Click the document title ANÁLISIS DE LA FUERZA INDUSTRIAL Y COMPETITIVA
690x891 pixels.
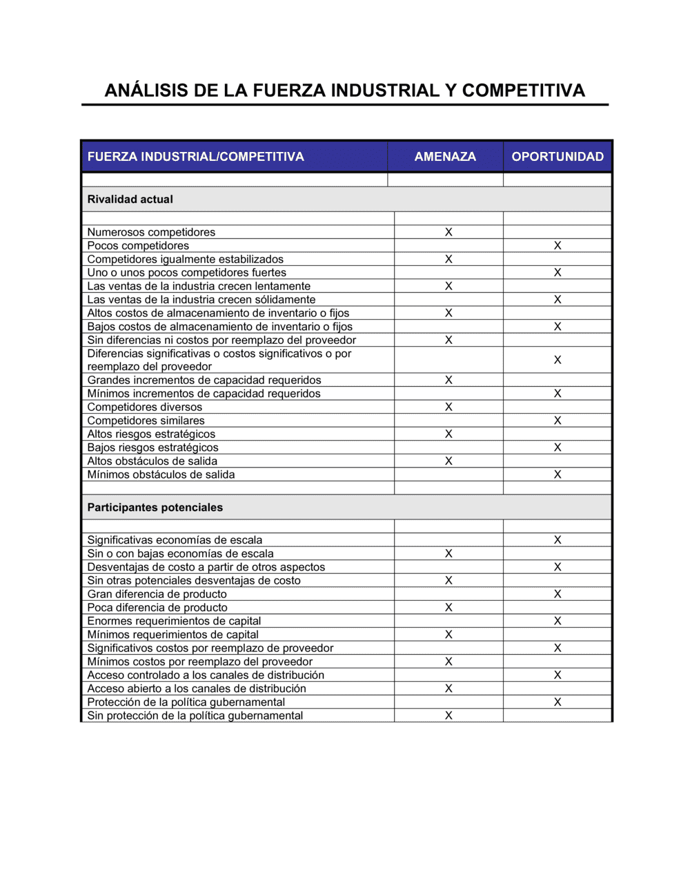(x=344, y=90)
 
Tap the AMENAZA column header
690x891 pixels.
(x=445, y=157)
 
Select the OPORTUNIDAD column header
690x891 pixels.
(x=558, y=157)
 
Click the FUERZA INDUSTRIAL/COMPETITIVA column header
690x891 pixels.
(x=195, y=157)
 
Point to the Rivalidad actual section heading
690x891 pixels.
(x=130, y=200)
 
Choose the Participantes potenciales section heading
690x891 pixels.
(x=155, y=508)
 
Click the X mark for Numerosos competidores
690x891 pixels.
(x=448, y=232)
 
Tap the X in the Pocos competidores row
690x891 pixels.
(x=558, y=246)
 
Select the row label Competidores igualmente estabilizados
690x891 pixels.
(x=185, y=259)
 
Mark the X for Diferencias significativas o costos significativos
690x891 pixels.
(x=558, y=360)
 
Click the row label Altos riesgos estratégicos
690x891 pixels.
(x=151, y=434)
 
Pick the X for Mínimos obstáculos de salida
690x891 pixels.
(x=558, y=475)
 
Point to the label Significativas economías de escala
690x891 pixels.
(x=175, y=540)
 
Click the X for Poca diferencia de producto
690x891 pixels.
(x=448, y=608)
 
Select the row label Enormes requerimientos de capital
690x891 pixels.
(x=174, y=621)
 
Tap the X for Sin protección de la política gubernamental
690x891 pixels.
(x=448, y=716)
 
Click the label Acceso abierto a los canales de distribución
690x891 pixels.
(x=197, y=689)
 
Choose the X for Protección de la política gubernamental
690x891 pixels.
(x=558, y=702)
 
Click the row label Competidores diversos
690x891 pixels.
(x=145, y=408)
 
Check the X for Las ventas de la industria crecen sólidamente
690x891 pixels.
(x=558, y=300)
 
